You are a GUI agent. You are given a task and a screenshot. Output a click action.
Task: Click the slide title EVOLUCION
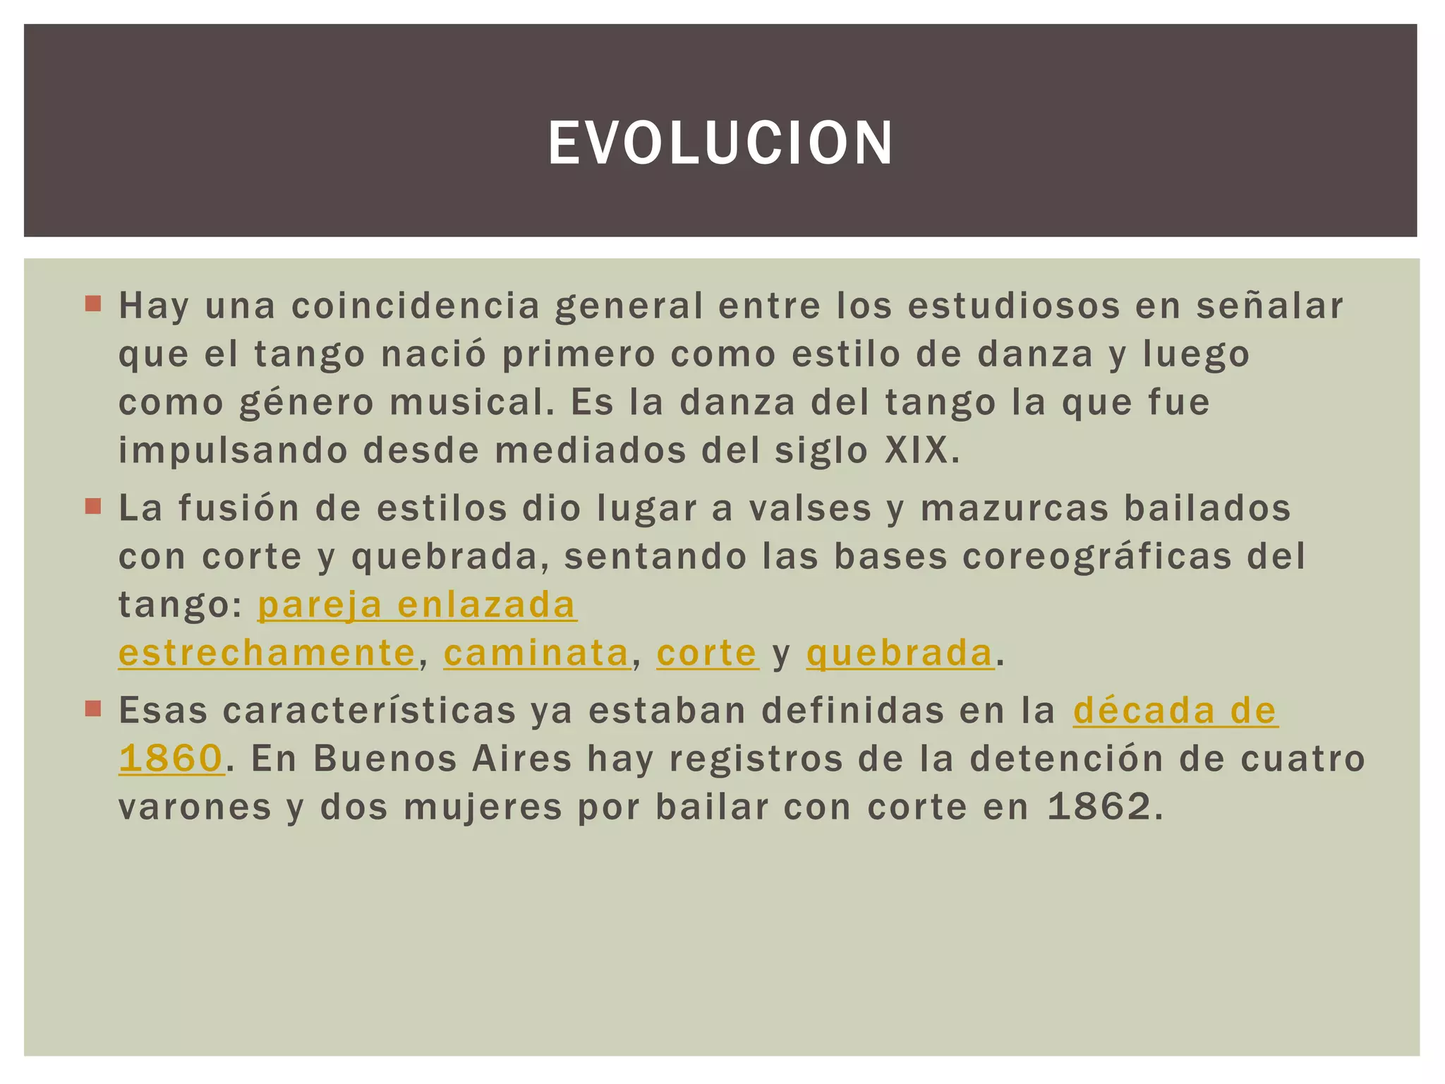[x=720, y=143]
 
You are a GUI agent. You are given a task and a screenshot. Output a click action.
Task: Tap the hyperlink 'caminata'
[x=536, y=652]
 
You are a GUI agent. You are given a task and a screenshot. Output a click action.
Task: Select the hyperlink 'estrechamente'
[x=267, y=652]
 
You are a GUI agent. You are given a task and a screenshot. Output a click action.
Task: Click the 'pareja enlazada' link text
[x=417, y=605]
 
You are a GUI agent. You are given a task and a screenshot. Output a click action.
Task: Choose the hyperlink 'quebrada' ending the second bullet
[x=900, y=652]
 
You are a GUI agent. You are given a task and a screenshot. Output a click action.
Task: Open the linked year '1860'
[x=171, y=758]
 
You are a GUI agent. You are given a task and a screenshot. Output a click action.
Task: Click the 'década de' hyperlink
[x=1175, y=710]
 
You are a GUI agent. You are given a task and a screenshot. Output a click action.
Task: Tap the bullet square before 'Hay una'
[x=93, y=305]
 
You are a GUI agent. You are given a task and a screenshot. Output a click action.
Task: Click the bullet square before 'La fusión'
[x=93, y=507]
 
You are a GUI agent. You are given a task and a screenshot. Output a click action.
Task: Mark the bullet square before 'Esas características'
[x=93, y=709]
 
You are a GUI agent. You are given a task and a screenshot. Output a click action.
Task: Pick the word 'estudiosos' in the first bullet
[x=1014, y=306]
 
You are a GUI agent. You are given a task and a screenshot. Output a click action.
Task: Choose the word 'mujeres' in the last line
[x=483, y=807]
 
